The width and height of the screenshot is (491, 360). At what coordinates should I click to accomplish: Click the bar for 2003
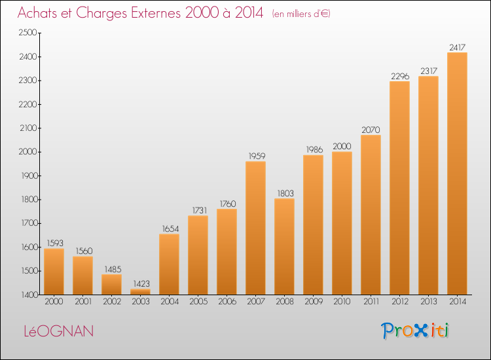[140, 291]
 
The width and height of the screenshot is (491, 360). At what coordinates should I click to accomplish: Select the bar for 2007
[255, 228]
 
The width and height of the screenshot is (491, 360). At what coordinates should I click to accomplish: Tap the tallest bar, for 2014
[457, 173]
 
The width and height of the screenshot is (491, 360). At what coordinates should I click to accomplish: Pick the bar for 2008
[284, 246]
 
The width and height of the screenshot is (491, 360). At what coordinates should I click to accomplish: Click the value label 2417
[457, 47]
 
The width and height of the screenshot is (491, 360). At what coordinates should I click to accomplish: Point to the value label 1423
[141, 283]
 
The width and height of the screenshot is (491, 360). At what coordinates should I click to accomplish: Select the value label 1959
[257, 156]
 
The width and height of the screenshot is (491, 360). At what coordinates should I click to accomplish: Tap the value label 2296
[400, 76]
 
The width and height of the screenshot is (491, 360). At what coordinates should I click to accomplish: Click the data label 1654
[170, 229]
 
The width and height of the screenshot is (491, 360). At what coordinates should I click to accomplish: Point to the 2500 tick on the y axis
[28, 33]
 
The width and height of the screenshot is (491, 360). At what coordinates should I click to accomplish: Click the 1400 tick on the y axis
[29, 295]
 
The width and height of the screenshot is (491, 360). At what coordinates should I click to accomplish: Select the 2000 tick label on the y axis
[28, 152]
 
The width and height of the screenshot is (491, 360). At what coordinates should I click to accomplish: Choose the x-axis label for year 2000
[54, 302]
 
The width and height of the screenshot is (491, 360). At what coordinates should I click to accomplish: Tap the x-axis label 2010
[342, 302]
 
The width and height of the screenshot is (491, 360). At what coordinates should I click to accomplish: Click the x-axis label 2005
[198, 302]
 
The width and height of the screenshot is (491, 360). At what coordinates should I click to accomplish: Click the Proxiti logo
[415, 331]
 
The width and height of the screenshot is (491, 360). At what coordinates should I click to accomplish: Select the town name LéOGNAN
[59, 331]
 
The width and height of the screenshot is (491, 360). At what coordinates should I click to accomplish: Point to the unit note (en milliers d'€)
[301, 14]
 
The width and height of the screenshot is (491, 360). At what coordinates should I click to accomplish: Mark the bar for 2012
[399, 188]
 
